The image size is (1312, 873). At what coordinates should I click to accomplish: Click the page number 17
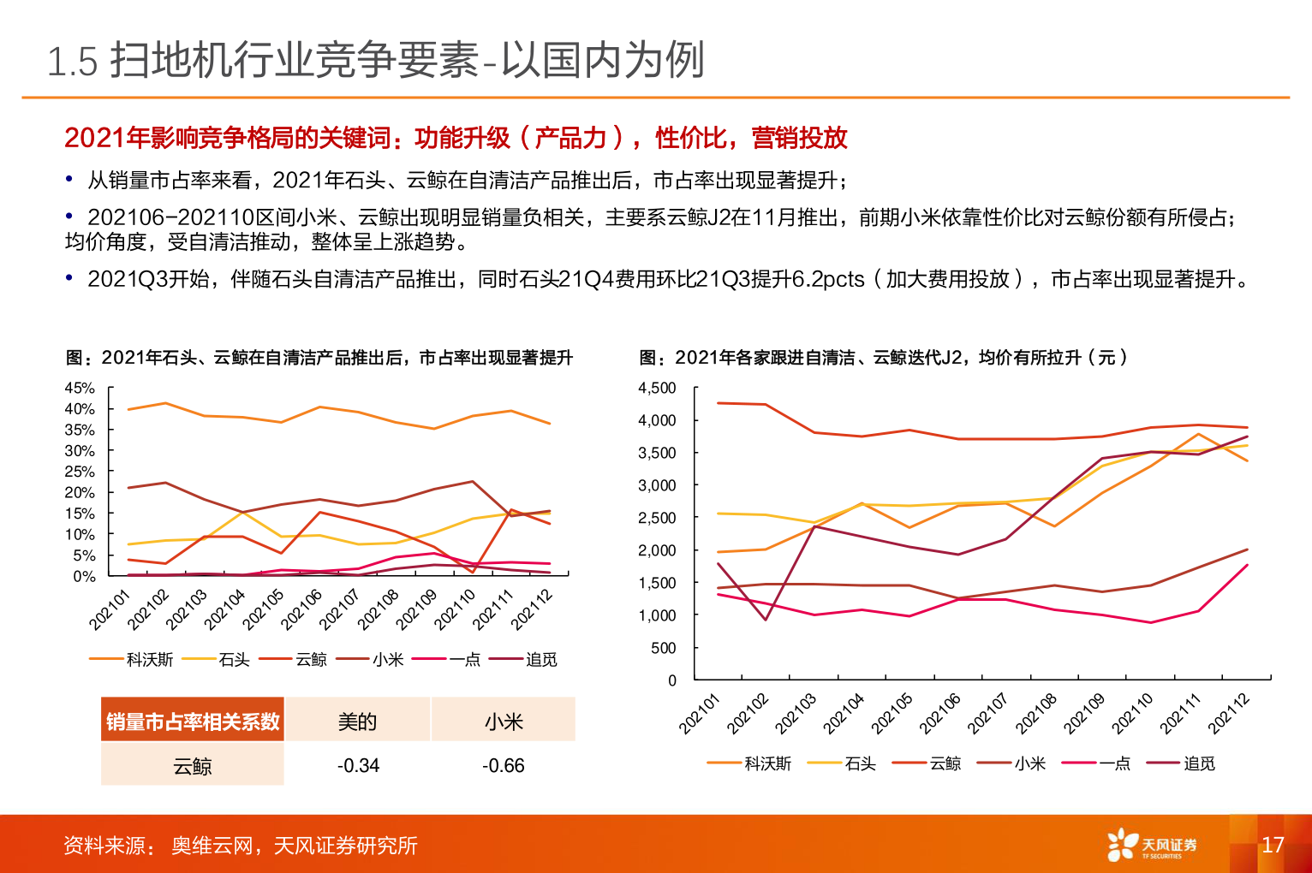(x=1273, y=845)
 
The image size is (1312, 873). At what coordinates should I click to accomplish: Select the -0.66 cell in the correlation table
(x=503, y=765)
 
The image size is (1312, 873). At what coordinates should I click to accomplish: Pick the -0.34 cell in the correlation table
(x=358, y=765)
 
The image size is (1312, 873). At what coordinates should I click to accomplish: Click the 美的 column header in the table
(x=357, y=722)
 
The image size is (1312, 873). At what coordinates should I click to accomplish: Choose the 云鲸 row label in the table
(x=192, y=766)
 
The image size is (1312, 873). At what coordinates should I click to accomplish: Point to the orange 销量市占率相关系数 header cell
(x=193, y=722)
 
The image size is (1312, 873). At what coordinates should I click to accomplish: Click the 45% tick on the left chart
(x=80, y=388)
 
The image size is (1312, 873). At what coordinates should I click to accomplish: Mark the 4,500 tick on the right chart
(x=657, y=388)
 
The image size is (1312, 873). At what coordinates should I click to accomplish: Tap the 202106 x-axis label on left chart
(x=301, y=609)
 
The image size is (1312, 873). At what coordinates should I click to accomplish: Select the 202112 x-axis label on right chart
(x=1229, y=714)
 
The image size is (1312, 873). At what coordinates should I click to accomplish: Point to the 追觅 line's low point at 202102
(x=766, y=620)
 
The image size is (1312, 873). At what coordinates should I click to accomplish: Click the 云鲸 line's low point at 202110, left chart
(x=473, y=572)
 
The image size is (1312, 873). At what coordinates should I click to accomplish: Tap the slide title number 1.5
(x=73, y=62)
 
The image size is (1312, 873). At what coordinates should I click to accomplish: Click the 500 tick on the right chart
(x=664, y=648)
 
